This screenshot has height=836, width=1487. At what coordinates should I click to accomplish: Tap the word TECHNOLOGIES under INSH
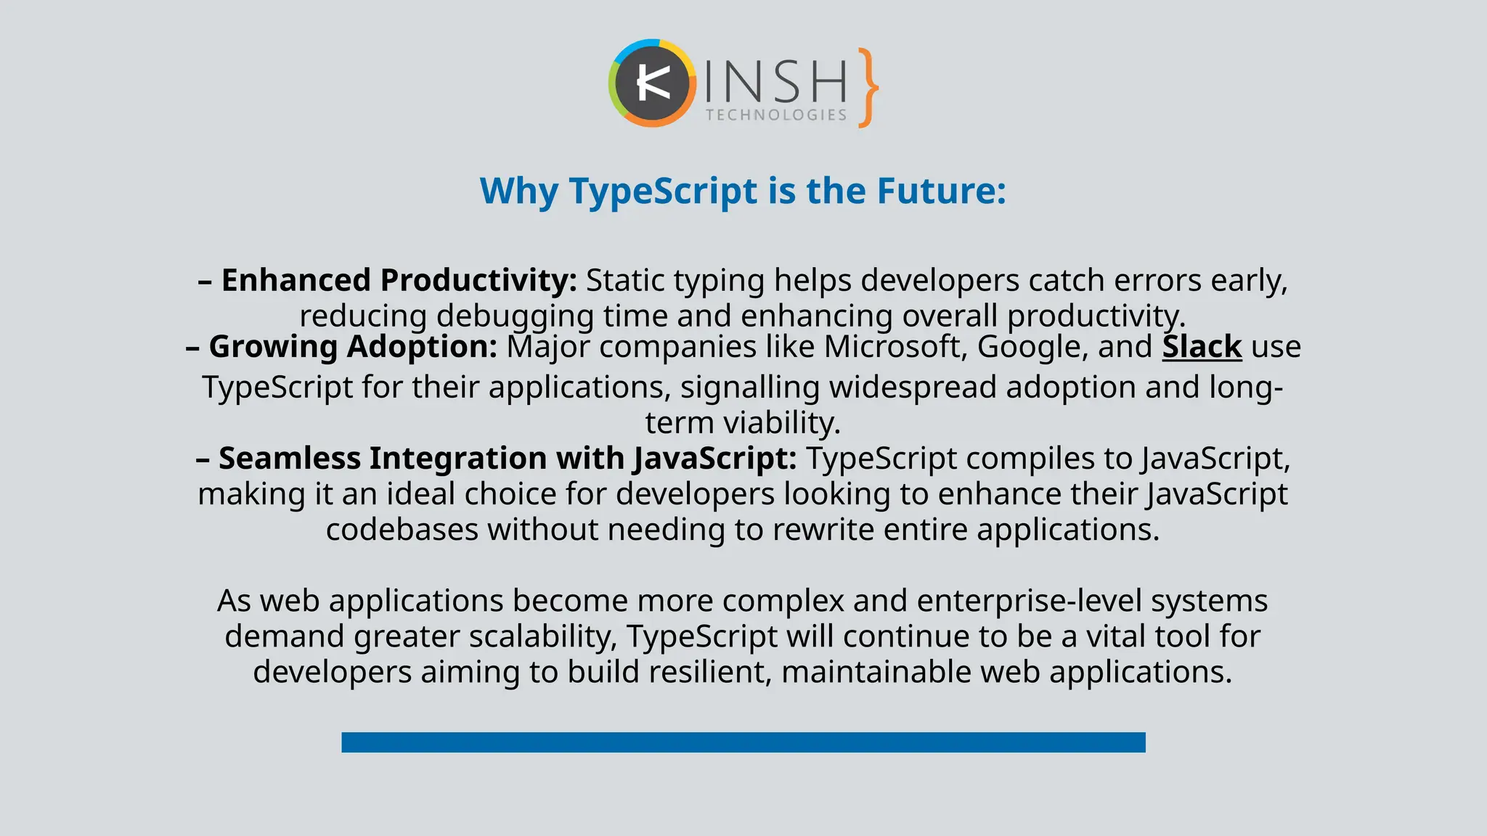click(776, 115)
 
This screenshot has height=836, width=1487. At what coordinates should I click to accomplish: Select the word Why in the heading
click(518, 192)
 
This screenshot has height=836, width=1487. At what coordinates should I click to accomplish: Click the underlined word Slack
click(1202, 347)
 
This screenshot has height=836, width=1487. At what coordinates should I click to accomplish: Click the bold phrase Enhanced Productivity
click(398, 281)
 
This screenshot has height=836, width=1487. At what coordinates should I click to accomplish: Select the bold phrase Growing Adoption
click(353, 347)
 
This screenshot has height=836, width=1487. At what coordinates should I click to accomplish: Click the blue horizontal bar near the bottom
click(743, 742)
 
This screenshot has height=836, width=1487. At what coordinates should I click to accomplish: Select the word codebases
click(402, 530)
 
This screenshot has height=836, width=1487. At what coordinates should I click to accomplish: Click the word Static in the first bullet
click(624, 281)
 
